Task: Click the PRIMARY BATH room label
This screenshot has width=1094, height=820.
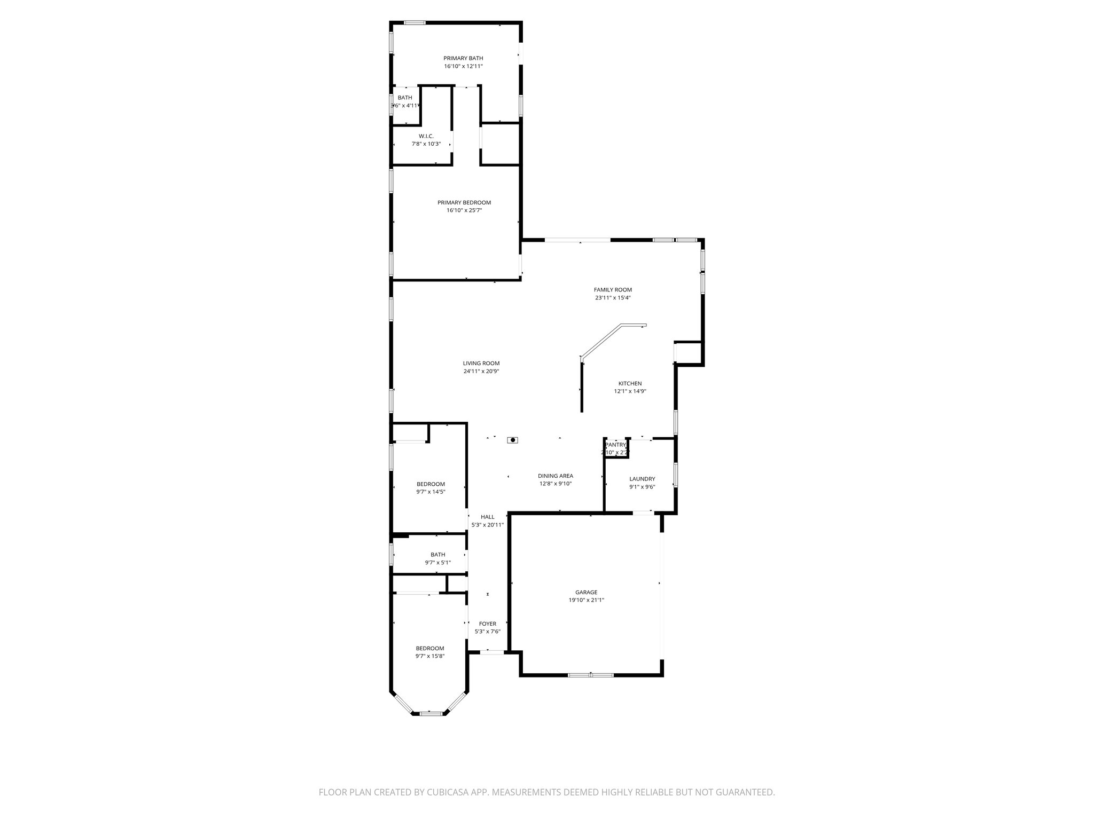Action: click(x=463, y=58)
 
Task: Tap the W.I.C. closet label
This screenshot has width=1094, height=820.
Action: click(x=426, y=136)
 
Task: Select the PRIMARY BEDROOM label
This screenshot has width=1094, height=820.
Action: click(x=464, y=203)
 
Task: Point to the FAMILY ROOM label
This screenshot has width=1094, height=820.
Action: click(x=613, y=290)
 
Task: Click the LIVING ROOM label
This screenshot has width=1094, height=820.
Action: click(x=481, y=364)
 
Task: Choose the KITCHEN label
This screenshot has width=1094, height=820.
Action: click(x=630, y=383)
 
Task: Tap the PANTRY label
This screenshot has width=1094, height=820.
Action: click(x=615, y=445)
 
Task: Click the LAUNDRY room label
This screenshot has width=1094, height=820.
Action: click(x=642, y=479)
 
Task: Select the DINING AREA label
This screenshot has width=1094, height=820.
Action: click(x=556, y=476)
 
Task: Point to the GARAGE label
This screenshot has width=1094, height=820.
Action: click(x=586, y=592)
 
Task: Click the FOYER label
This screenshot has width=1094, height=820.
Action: click(x=487, y=624)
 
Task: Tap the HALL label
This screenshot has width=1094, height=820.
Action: click(x=487, y=517)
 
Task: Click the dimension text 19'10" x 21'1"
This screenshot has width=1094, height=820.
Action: click(x=586, y=600)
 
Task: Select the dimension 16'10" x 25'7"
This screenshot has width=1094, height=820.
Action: click(x=464, y=210)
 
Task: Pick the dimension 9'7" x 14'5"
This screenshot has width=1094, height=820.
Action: click(x=431, y=492)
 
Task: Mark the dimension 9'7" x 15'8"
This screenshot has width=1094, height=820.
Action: click(x=430, y=656)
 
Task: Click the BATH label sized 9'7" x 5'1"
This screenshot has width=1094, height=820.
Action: click(x=437, y=555)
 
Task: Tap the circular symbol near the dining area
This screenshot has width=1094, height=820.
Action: click(x=513, y=440)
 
